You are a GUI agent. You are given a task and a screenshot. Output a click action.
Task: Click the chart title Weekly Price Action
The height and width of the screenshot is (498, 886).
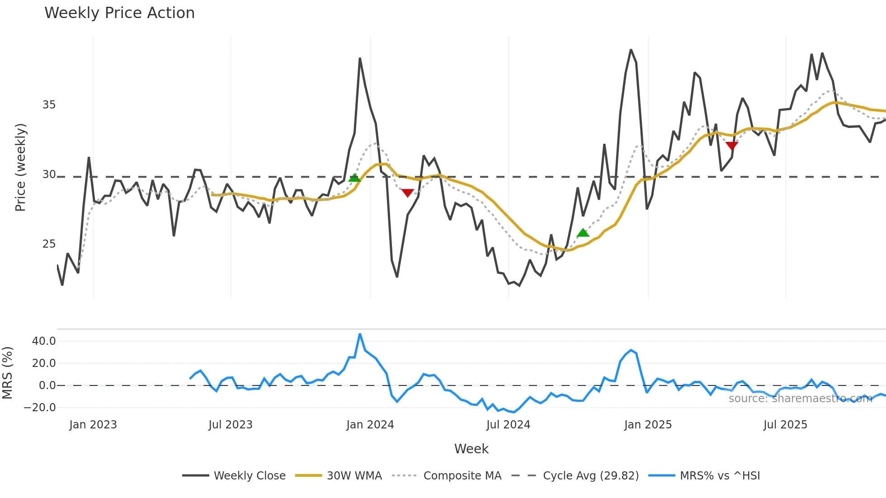pos(119,13)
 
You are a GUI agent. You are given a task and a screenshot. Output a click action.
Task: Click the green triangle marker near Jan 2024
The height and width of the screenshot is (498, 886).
pos(354,178)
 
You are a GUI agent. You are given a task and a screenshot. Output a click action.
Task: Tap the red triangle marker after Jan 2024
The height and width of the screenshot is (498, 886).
pos(407,193)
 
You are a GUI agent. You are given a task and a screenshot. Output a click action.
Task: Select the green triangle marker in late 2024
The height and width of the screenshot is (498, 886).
pos(583,233)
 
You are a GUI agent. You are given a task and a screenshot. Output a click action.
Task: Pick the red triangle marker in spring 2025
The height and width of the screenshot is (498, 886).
pos(731,146)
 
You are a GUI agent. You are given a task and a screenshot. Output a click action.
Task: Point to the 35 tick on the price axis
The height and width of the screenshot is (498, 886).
pos(49,105)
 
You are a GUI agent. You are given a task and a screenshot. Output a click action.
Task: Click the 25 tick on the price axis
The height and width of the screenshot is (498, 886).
pos(49,244)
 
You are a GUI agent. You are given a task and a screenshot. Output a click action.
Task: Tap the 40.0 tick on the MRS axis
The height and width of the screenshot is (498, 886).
pos(44,341)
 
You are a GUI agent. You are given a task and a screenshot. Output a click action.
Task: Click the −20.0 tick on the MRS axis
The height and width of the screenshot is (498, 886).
pos(40,408)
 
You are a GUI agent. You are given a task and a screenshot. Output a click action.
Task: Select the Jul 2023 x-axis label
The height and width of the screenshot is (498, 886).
pos(230,425)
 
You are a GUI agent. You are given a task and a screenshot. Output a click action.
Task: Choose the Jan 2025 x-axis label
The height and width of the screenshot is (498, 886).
pos(647,425)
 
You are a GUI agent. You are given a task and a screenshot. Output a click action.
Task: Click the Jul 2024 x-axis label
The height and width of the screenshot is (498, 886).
pos(508,425)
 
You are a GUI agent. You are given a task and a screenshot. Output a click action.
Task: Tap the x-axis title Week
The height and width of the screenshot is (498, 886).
pos(471,449)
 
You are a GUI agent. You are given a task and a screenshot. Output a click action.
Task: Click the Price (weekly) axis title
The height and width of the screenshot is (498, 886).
pos(21,167)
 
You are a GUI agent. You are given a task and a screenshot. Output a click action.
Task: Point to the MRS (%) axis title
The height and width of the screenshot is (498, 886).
pos(8,373)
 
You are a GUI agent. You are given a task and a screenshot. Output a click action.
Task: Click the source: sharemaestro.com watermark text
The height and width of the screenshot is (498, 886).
pos(800,399)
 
